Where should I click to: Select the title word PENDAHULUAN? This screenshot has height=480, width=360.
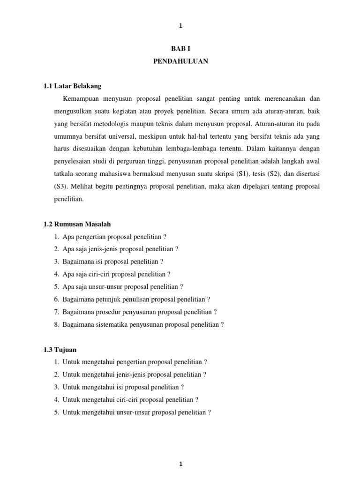(180, 61)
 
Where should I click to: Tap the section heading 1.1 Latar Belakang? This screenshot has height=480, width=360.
(72, 86)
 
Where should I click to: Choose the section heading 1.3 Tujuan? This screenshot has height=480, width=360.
(60, 350)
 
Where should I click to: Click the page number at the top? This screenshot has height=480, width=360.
(180, 26)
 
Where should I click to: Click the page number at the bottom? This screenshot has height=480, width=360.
(180, 451)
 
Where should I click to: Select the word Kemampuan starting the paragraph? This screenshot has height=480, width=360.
(83, 99)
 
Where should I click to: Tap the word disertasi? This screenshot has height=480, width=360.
(307, 173)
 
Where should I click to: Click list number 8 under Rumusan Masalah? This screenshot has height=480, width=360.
(56, 324)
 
